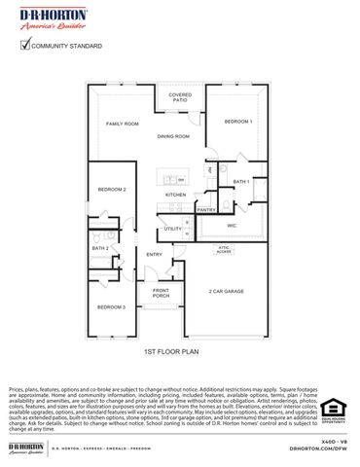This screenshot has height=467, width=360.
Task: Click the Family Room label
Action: (x=123, y=125)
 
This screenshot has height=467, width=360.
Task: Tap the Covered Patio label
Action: (x=180, y=97)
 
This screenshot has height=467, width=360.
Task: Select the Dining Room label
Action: (x=173, y=137)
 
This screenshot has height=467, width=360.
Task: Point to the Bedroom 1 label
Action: (x=238, y=121)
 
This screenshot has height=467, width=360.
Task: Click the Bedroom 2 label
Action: (x=110, y=189)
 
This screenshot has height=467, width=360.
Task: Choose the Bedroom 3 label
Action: (x=110, y=306)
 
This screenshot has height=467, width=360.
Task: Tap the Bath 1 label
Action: (x=241, y=182)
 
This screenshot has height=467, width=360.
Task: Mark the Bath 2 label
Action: (x=100, y=248)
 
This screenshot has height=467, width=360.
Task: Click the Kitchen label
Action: (x=175, y=195)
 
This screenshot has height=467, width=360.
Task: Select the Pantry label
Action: (x=206, y=209)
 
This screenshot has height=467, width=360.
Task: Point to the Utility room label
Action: (x=172, y=229)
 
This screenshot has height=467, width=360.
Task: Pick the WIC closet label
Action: (x=232, y=225)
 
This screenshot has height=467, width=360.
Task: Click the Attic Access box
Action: (x=224, y=249)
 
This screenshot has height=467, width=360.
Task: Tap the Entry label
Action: (x=154, y=254)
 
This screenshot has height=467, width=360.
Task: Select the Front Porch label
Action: (x=161, y=293)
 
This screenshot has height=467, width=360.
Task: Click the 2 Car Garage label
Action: (x=226, y=291)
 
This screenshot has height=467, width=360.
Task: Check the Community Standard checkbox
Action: (x=25, y=44)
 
